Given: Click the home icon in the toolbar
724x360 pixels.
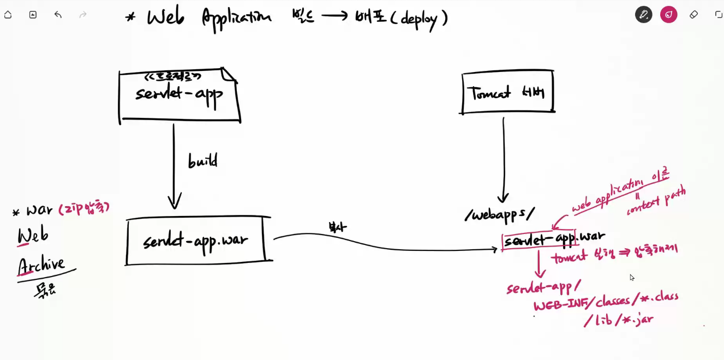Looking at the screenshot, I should pos(8,15).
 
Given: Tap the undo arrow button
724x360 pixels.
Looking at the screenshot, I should pos(58,15).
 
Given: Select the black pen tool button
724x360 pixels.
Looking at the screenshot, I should pos(644,15).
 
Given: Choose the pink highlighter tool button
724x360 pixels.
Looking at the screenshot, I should pos(668,15).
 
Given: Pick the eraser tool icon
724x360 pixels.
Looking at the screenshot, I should pos(693,15).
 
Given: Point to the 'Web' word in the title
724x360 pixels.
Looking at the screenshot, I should pos(165,17).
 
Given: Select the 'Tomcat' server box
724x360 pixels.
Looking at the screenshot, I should pos(507,92).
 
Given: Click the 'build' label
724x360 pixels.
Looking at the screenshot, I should pos(202,161).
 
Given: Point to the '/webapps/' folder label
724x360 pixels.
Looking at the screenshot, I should pos(499,214).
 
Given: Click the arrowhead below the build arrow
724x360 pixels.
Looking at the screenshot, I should pos(175,203).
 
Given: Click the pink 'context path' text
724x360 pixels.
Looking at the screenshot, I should pos(656,201).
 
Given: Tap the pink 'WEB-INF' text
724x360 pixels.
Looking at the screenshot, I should pos(562,303).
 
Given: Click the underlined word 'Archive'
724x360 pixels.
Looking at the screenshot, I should pos(41,265).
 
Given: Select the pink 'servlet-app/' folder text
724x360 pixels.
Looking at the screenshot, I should pos(543,286).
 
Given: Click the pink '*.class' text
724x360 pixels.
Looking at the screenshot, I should pos(660,298).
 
